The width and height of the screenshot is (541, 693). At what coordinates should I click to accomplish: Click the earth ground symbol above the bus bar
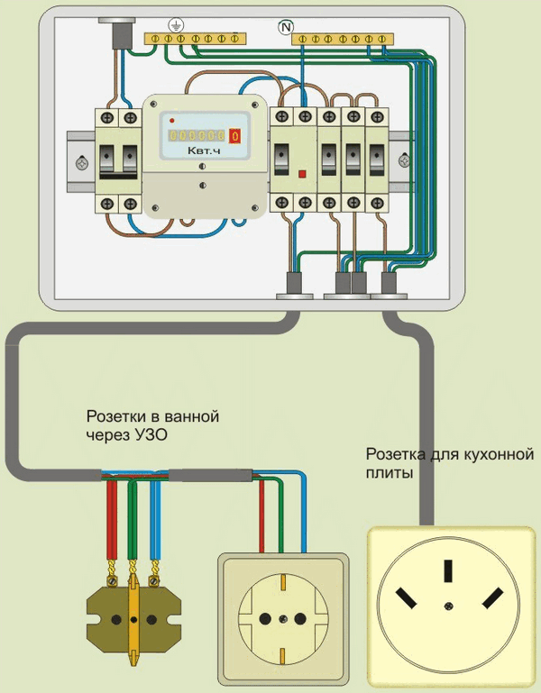click(173, 27)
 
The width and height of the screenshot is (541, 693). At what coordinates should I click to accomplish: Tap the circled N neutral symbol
click(287, 28)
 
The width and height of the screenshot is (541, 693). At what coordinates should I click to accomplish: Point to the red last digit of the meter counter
click(236, 135)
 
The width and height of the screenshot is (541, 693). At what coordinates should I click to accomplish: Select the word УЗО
click(151, 435)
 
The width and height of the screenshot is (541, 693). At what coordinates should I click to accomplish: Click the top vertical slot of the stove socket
click(447, 571)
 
